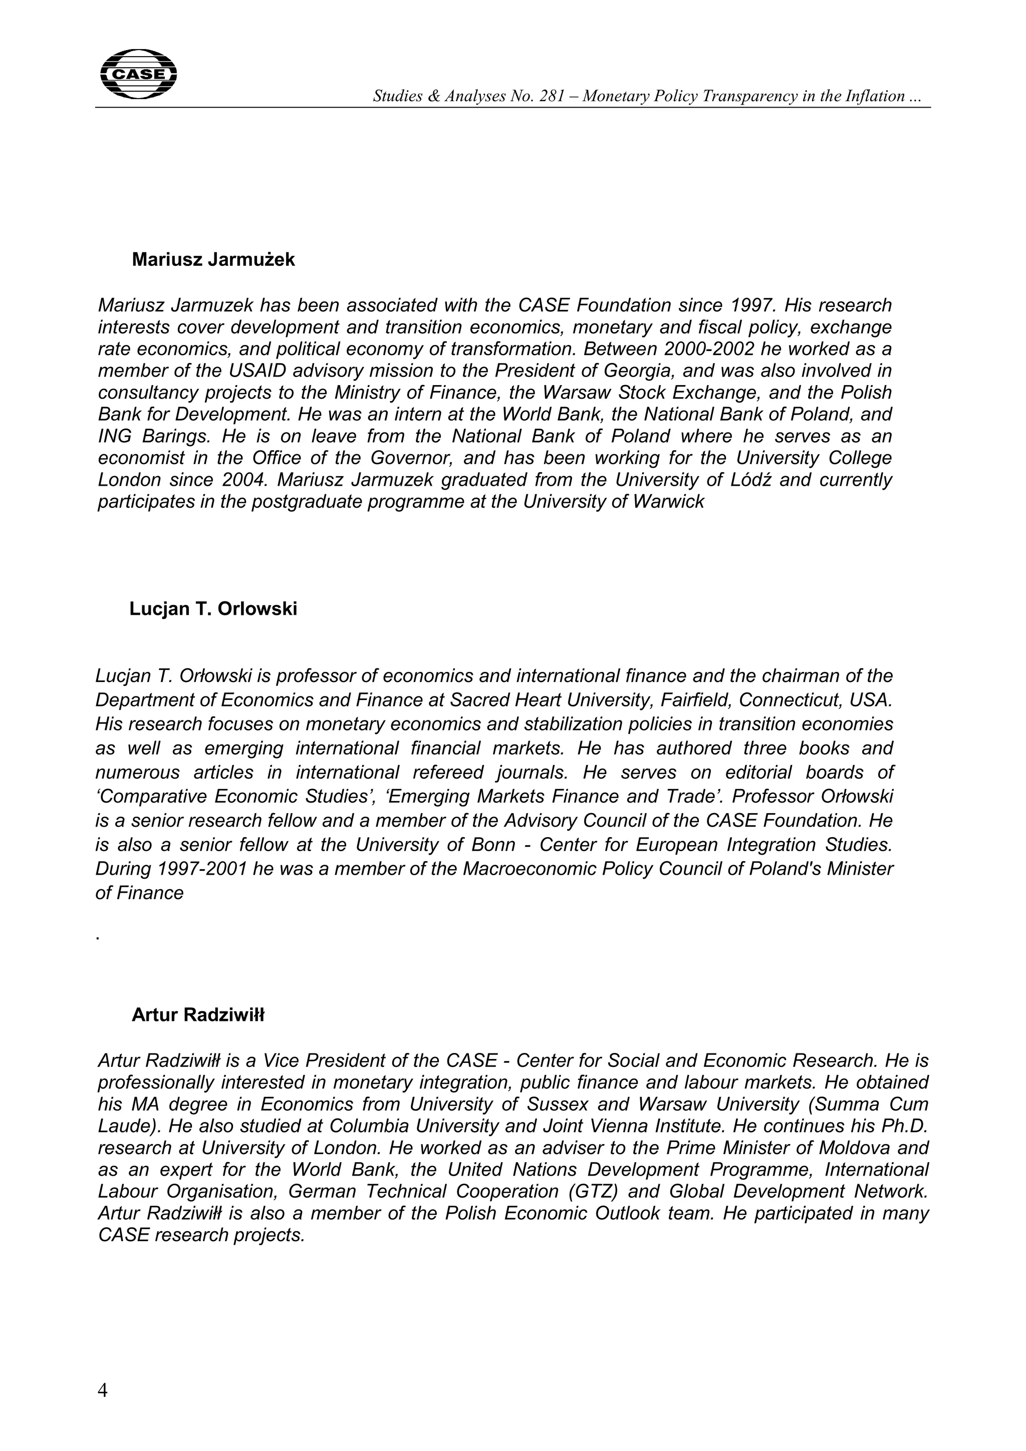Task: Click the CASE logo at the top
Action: [138, 74]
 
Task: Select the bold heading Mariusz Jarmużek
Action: [213, 260]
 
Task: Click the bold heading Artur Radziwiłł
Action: [198, 1015]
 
